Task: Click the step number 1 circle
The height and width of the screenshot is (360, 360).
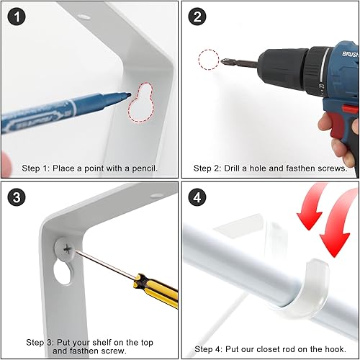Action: point(17,17)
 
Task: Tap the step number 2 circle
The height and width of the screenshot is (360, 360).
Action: point(197,17)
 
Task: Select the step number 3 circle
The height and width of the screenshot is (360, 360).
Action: point(17,197)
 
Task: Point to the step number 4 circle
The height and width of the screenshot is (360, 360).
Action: point(197,197)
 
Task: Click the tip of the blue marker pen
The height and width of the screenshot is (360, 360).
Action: point(130,94)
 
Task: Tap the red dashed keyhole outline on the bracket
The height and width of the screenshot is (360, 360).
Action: point(141,103)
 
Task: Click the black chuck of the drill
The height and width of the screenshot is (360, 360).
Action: point(283,68)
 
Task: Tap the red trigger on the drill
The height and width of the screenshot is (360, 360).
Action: point(336,122)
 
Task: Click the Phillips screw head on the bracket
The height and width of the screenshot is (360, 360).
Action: point(66,250)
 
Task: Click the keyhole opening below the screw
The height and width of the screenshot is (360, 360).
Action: point(63,272)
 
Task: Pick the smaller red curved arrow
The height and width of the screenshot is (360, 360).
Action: point(312,207)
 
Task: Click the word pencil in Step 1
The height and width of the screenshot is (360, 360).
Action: point(145,168)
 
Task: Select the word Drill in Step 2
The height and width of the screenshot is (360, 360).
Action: point(232,168)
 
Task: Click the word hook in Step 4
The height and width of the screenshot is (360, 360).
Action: point(336,349)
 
